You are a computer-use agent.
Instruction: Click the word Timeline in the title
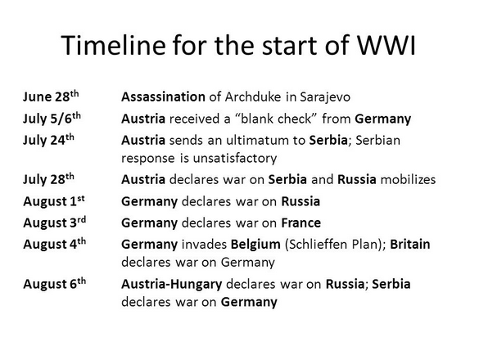point(113,45)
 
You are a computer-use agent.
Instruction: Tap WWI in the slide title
point(386,45)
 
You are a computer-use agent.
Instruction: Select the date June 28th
point(51,97)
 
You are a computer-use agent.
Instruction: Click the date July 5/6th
point(52,119)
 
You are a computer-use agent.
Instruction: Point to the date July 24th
point(48,140)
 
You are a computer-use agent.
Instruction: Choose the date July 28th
point(48,179)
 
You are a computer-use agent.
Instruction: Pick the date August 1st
point(54,201)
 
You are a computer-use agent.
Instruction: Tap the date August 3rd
point(54,223)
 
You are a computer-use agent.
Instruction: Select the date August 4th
point(54,244)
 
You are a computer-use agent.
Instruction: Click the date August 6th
point(54,284)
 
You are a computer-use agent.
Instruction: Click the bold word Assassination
point(163,97)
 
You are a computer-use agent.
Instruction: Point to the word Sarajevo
point(325,97)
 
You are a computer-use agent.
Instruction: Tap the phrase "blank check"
point(277,119)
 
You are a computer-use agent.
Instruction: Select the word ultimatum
point(265,140)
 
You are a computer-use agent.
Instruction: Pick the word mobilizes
point(408,179)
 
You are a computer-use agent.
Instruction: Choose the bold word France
point(301,223)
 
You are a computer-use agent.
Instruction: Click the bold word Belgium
point(255,245)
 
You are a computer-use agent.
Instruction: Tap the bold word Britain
point(410,245)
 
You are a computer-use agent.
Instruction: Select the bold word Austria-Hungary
point(172,284)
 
